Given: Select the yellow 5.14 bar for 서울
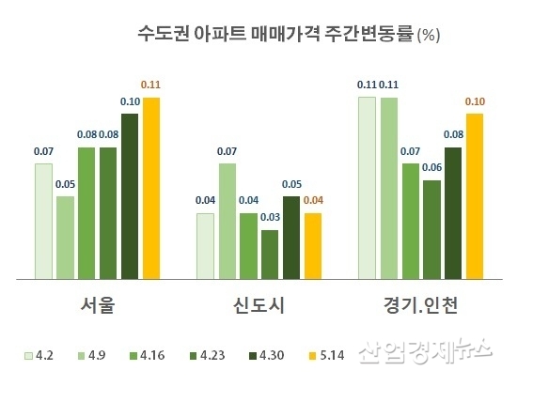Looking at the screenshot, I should click(x=151, y=188).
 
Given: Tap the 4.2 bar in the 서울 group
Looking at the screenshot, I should click(x=44, y=222).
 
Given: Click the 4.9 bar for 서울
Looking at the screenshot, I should click(x=65, y=238).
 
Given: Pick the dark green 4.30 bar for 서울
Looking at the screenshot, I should click(x=130, y=196).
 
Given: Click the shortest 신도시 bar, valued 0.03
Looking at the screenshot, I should click(x=270, y=255).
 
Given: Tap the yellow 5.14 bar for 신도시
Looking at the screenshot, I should click(x=313, y=246).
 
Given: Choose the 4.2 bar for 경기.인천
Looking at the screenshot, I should click(x=367, y=188).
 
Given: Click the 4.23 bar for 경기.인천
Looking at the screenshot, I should click(x=431, y=229).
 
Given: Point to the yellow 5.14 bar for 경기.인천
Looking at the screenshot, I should click(x=475, y=196).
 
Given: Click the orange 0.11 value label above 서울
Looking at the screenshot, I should click(x=150, y=85).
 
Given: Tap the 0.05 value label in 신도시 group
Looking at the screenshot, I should click(x=292, y=184).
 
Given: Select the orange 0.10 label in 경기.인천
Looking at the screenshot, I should click(x=475, y=101).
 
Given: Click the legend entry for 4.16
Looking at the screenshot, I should click(x=151, y=355).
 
